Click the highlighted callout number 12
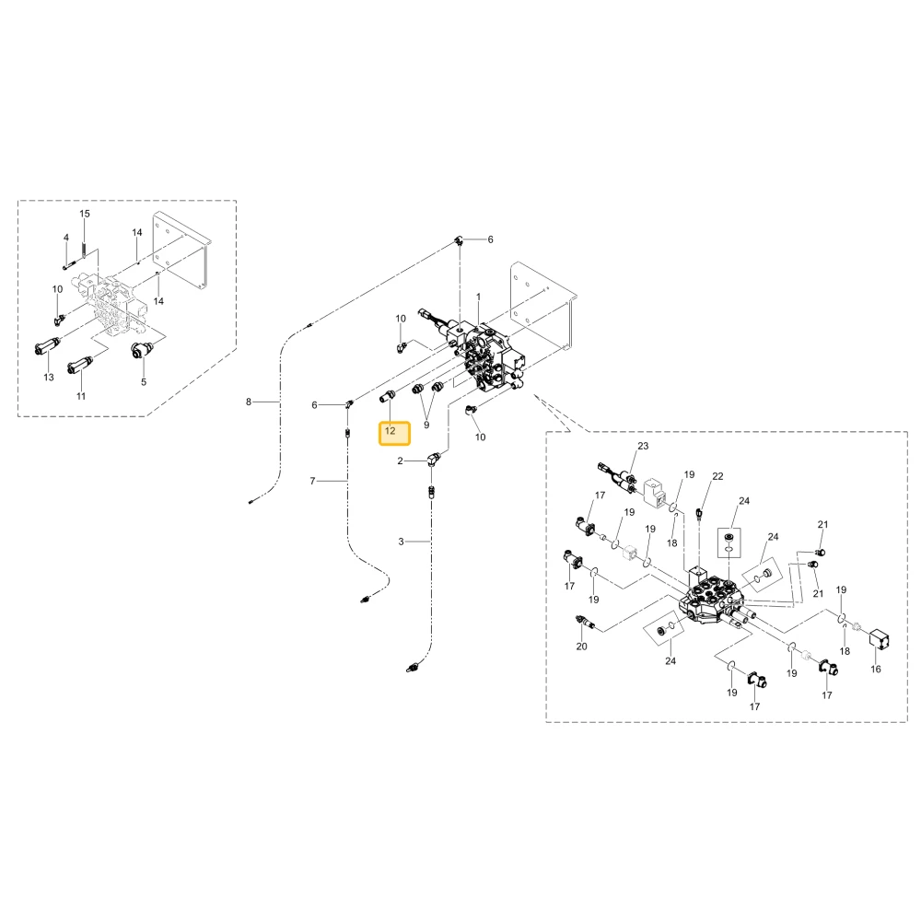coord(390,430)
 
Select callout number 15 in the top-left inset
coord(85,214)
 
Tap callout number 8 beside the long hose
coord(249,402)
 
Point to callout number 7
coord(312,481)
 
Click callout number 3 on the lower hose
coord(402,542)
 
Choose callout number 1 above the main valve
coord(479,297)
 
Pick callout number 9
coord(426,425)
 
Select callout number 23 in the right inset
coord(643,446)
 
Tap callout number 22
coord(717,476)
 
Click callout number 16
coord(876,669)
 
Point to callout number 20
coord(581,647)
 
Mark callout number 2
coord(400,461)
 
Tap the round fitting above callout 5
coord(141,351)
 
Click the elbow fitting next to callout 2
coord(433,459)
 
